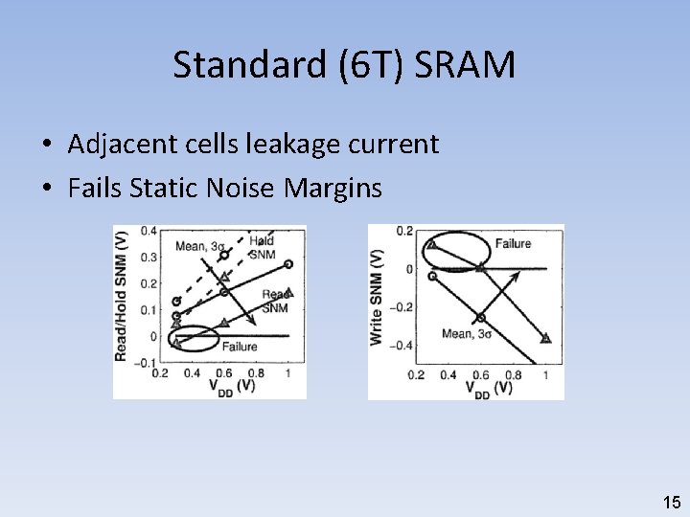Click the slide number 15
(x=671, y=501)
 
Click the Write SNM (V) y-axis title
(x=377, y=297)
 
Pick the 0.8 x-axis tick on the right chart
(x=513, y=375)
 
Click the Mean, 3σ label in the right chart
(x=467, y=334)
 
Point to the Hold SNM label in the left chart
(x=262, y=246)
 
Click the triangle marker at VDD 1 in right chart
(x=545, y=338)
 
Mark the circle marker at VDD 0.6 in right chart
(x=480, y=318)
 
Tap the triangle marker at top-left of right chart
(x=431, y=244)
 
